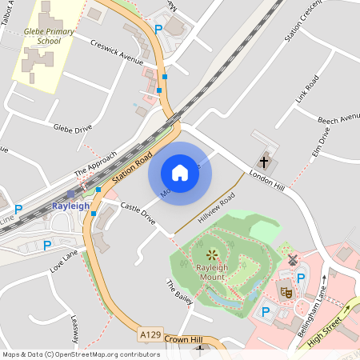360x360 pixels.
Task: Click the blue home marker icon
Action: pyautogui.click(x=180, y=172)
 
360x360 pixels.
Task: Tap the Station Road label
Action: pyautogui.click(x=132, y=168)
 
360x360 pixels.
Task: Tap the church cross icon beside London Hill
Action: pyautogui.click(x=265, y=160)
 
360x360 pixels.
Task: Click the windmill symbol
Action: pyautogui.click(x=292, y=260)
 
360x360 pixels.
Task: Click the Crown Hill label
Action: pyautogui.click(x=180, y=339)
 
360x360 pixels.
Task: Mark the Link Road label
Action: pyautogui.click(x=306, y=92)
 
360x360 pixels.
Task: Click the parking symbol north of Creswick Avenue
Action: pyautogui.click(x=158, y=29)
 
